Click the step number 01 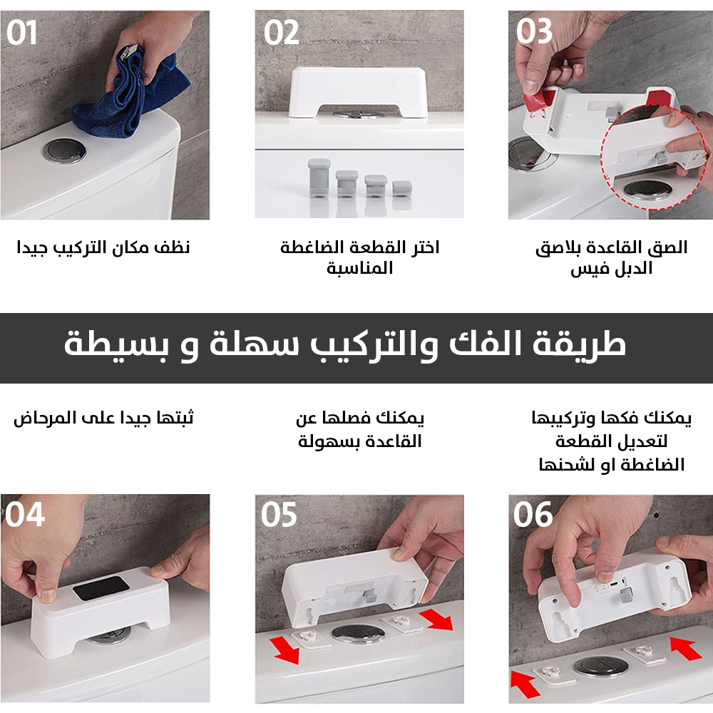click(21, 33)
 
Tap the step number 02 click(282, 33)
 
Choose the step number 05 click(279, 515)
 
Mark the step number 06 click(533, 515)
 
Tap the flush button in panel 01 click(65, 152)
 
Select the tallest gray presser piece click(319, 178)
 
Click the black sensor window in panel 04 click(101, 588)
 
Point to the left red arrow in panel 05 click(285, 650)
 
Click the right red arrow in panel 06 click(686, 648)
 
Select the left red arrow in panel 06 click(525, 684)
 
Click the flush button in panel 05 click(358, 633)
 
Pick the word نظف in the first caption click(172, 247)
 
